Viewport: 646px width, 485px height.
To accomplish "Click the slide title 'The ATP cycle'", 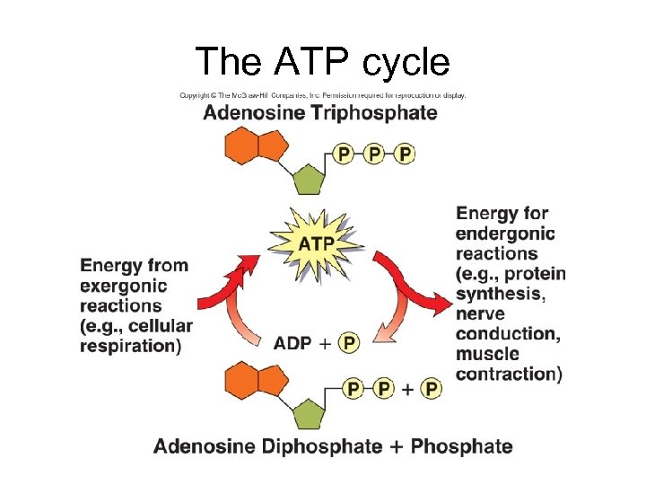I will (322, 61).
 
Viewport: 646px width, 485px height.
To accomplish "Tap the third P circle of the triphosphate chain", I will (405, 154).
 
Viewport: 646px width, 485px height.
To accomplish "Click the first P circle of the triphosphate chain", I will (343, 154).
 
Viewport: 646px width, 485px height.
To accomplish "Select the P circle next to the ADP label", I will (348, 342).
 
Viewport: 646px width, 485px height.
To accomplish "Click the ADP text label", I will (292, 342).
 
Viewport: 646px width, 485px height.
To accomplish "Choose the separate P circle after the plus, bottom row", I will (432, 388).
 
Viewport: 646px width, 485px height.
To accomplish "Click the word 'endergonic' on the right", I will (505, 234).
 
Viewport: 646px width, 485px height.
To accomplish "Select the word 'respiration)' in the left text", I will (130, 345).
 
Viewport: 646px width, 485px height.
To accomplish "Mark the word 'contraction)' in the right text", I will (509, 374).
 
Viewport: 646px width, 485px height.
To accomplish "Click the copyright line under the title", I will (322, 95).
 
